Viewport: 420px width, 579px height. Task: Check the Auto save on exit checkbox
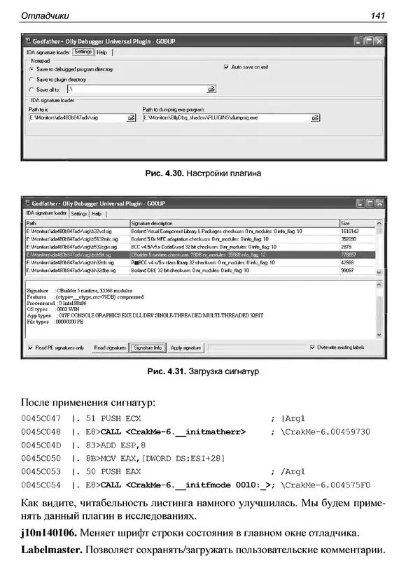coord(226,67)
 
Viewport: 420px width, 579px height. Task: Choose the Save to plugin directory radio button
coord(31,80)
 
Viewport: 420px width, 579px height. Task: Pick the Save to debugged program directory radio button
coord(31,70)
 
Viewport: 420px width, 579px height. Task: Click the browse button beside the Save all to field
coord(211,90)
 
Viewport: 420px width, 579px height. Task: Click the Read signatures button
coord(110,348)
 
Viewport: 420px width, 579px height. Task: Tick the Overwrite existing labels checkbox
coord(312,348)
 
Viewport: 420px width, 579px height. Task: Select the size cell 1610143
coord(349,231)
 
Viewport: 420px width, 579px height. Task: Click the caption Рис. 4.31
coord(164,371)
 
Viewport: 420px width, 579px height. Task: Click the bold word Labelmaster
coord(50,551)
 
